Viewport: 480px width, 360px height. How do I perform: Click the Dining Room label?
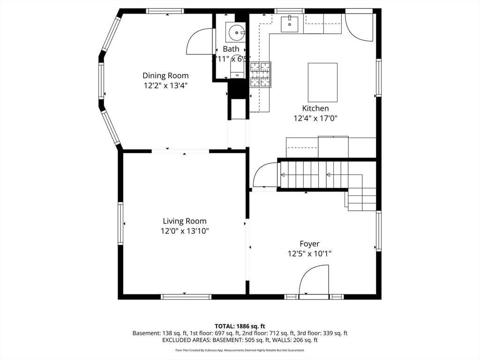pos(165,75)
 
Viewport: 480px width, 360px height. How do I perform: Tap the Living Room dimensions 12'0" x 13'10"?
pos(184,231)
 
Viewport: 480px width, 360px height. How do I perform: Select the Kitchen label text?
pos(315,108)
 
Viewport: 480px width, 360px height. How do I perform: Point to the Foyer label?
pos(309,244)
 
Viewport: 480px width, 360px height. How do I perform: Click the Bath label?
pos(231,49)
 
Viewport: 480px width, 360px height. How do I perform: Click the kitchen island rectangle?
pos(322,82)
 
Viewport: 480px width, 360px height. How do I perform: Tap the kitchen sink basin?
pos(289,24)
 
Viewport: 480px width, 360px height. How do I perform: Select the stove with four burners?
pos(260,75)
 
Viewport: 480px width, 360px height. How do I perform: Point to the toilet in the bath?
pos(237,72)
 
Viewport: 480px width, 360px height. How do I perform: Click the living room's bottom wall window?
pos(186,296)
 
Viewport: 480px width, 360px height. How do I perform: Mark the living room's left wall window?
pos(120,224)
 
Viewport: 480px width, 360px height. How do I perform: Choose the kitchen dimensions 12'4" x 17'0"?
pos(315,119)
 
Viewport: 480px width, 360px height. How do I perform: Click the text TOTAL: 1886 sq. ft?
pos(240,326)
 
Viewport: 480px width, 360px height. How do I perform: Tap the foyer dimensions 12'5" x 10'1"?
pos(309,254)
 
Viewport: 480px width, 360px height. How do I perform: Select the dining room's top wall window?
pos(165,11)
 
